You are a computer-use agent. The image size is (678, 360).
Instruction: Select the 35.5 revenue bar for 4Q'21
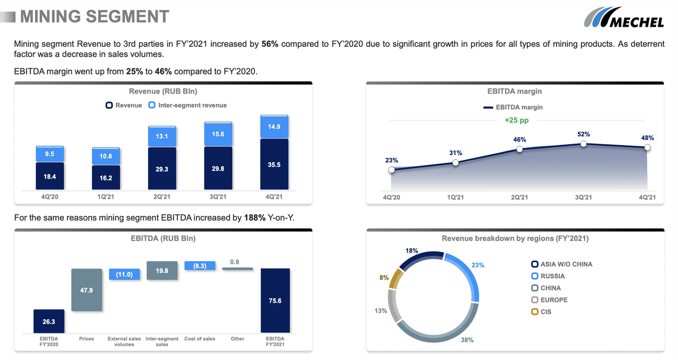pos(274,164)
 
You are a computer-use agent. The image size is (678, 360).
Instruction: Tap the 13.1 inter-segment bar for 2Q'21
pos(162,137)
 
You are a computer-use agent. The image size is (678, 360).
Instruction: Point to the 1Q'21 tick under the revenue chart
pos(106,197)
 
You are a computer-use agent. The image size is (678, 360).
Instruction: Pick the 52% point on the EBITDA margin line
pos(584,144)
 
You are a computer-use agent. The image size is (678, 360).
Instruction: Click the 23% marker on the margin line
pos(392,170)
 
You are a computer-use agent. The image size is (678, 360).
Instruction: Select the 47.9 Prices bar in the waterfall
pos(86,289)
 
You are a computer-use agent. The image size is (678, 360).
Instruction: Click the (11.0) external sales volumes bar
pos(124,274)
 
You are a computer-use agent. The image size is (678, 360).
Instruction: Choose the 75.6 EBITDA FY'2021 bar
pos(275,300)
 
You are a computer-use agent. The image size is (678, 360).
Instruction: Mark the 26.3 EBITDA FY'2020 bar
pos(49,321)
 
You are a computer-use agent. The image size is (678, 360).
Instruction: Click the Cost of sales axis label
pos(200,339)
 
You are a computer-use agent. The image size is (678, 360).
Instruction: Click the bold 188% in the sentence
pos(254,218)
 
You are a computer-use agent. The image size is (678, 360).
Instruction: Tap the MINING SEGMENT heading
pos(94,16)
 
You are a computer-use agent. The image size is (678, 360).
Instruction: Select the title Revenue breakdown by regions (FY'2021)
pos(515,238)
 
